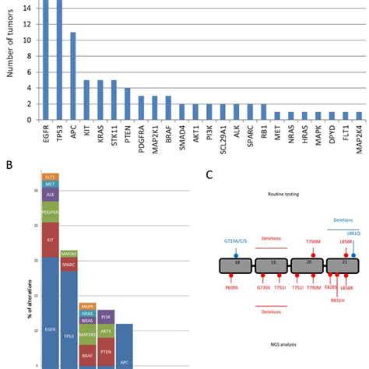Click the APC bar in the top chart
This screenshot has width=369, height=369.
click(73, 77)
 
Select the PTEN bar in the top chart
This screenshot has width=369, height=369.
click(128, 104)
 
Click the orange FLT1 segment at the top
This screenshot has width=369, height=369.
click(51, 177)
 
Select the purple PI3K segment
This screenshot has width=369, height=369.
click(106, 316)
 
